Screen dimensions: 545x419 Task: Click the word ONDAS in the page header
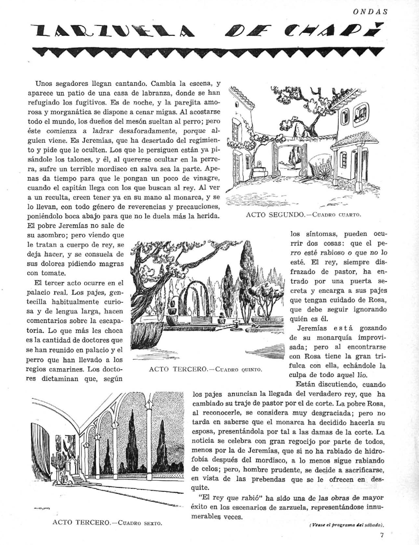click(x=370, y=12)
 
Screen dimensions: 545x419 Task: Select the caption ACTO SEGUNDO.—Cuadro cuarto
click(x=303, y=214)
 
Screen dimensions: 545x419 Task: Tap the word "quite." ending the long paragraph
click(x=199, y=488)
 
